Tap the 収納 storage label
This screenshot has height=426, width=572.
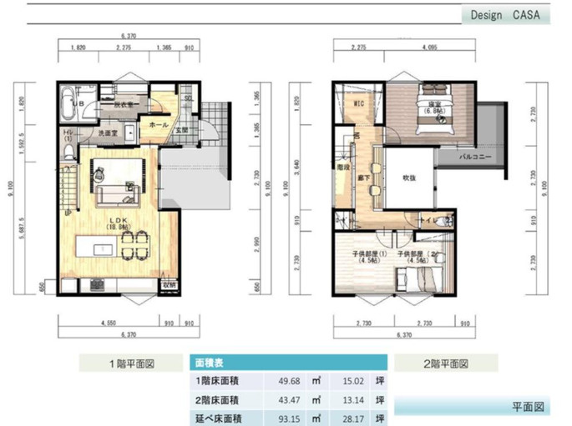click(170, 284)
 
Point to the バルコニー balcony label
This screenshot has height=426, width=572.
click(476, 157)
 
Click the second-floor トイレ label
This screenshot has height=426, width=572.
click(428, 221)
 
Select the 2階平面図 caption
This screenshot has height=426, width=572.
click(445, 363)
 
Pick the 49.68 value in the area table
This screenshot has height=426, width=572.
click(289, 381)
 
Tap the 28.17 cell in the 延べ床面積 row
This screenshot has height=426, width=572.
click(354, 416)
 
